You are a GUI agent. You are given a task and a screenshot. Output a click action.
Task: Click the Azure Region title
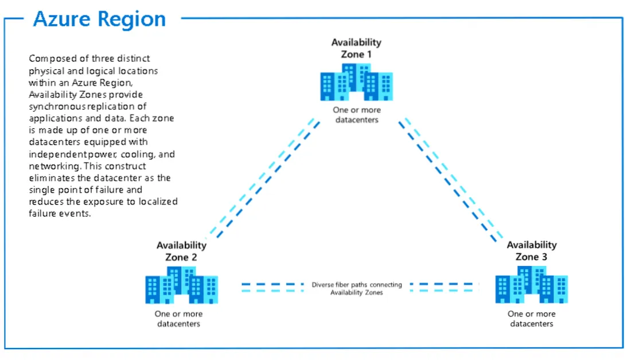[99, 19]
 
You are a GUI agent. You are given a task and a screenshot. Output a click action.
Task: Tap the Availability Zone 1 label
[356, 48]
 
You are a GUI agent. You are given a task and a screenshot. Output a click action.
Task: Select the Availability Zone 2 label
[181, 251]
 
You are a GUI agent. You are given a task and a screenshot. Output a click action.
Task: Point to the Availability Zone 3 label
[532, 251]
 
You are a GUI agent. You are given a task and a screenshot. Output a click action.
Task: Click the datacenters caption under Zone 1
[356, 115]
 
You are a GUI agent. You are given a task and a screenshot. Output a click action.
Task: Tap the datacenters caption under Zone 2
[178, 319]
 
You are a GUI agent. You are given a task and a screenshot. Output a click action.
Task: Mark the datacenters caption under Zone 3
[532, 319]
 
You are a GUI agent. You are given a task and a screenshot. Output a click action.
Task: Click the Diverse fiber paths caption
[357, 288]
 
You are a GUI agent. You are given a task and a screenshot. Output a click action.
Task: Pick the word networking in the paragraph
[51, 166]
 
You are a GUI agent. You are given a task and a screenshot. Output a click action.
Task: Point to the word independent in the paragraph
[54, 154]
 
